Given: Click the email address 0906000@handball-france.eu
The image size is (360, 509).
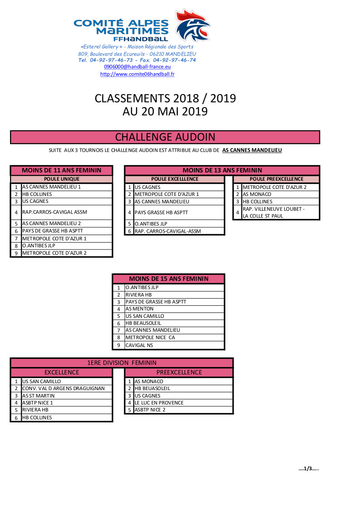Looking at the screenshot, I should [137, 67].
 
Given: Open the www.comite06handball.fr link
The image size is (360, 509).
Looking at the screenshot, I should [137, 74].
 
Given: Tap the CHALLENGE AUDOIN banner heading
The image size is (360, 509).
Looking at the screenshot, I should [165, 137].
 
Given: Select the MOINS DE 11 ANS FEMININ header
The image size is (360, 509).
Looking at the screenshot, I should [61, 170].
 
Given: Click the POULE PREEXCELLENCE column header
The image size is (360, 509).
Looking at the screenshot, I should [276, 179].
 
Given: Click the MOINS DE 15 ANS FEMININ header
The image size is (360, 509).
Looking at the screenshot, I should [169, 279].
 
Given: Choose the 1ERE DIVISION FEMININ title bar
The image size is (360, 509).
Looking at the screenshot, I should [122, 363].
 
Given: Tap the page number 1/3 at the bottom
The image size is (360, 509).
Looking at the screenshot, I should [309, 469].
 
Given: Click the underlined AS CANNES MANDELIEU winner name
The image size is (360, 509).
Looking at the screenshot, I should [252, 150].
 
